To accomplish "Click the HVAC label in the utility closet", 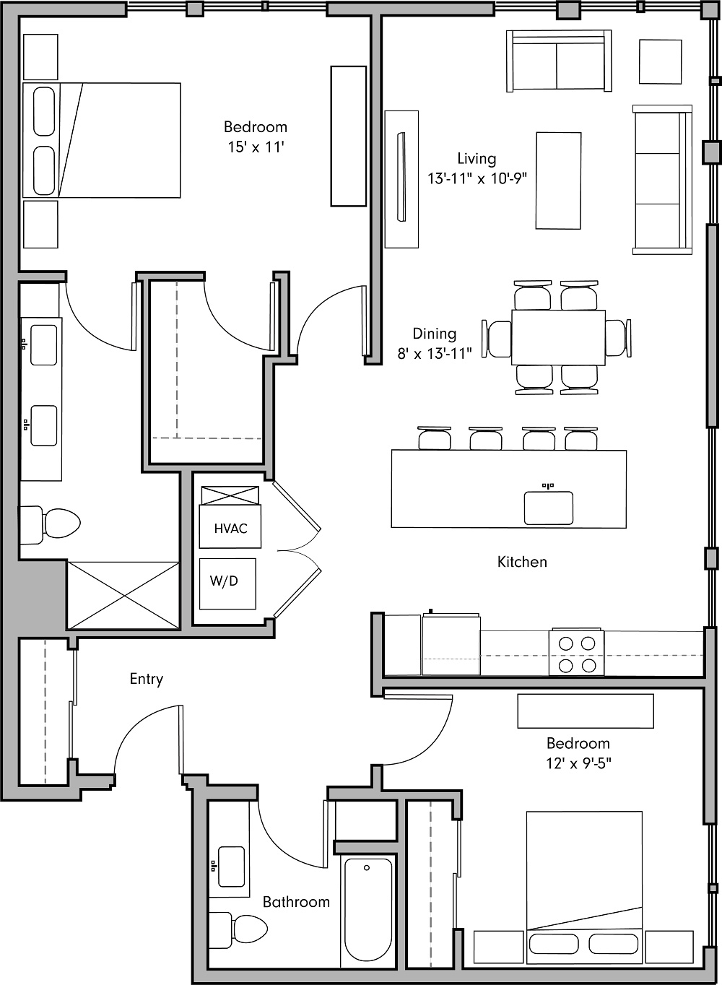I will click(230, 529).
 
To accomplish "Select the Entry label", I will click(146, 679).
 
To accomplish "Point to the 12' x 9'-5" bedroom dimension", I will click(578, 763).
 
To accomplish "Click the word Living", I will click(477, 158).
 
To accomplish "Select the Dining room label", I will click(434, 334).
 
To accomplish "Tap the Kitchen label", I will click(522, 562).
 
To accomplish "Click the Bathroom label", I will click(296, 902).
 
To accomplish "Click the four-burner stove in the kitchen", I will click(577, 654).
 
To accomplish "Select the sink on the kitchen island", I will click(549, 507).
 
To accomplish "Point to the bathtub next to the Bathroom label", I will click(367, 911).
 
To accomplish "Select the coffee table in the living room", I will click(558, 181).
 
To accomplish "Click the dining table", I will click(558, 337).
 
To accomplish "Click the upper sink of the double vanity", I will click(43, 345).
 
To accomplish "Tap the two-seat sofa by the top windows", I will click(558, 61).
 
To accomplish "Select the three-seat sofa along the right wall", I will click(658, 180).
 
